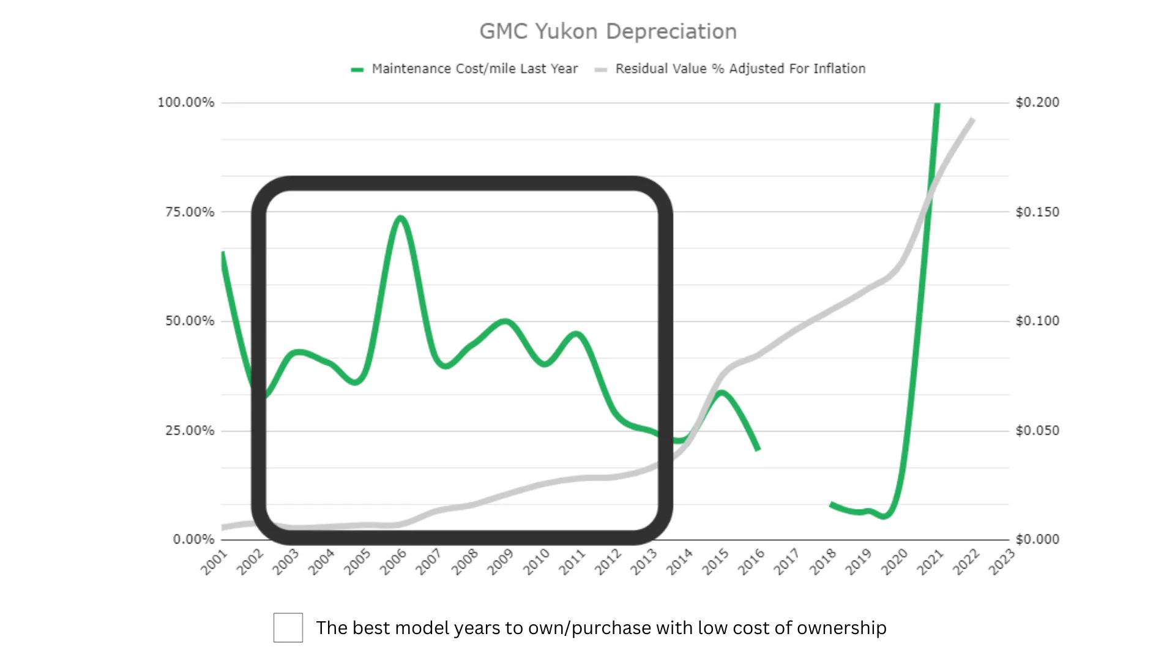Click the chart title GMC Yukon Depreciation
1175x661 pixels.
(x=608, y=31)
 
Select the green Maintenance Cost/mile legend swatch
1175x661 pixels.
(x=357, y=70)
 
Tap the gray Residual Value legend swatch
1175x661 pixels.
(x=600, y=70)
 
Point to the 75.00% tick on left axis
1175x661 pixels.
(x=190, y=212)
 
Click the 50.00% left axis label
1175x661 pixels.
(x=190, y=321)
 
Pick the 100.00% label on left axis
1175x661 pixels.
(x=186, y=102)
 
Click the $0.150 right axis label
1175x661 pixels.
(x=1037, y=212)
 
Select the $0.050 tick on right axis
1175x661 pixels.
(x=1037, y=430)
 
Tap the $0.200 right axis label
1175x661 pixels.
(x=1037, y=102)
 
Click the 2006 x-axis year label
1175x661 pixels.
(x=393, y=562)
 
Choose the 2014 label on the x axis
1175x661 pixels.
(x=679, y=562)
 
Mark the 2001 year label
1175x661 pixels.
(x=214, y=562)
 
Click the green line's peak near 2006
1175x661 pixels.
(x=400, y=218)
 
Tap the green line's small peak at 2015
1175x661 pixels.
(x=722, y=392)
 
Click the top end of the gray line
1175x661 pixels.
(x=972, y=120)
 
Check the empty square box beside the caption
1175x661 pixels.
(x=288, y=627)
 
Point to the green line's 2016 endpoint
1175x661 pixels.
(x=758, y=449)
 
